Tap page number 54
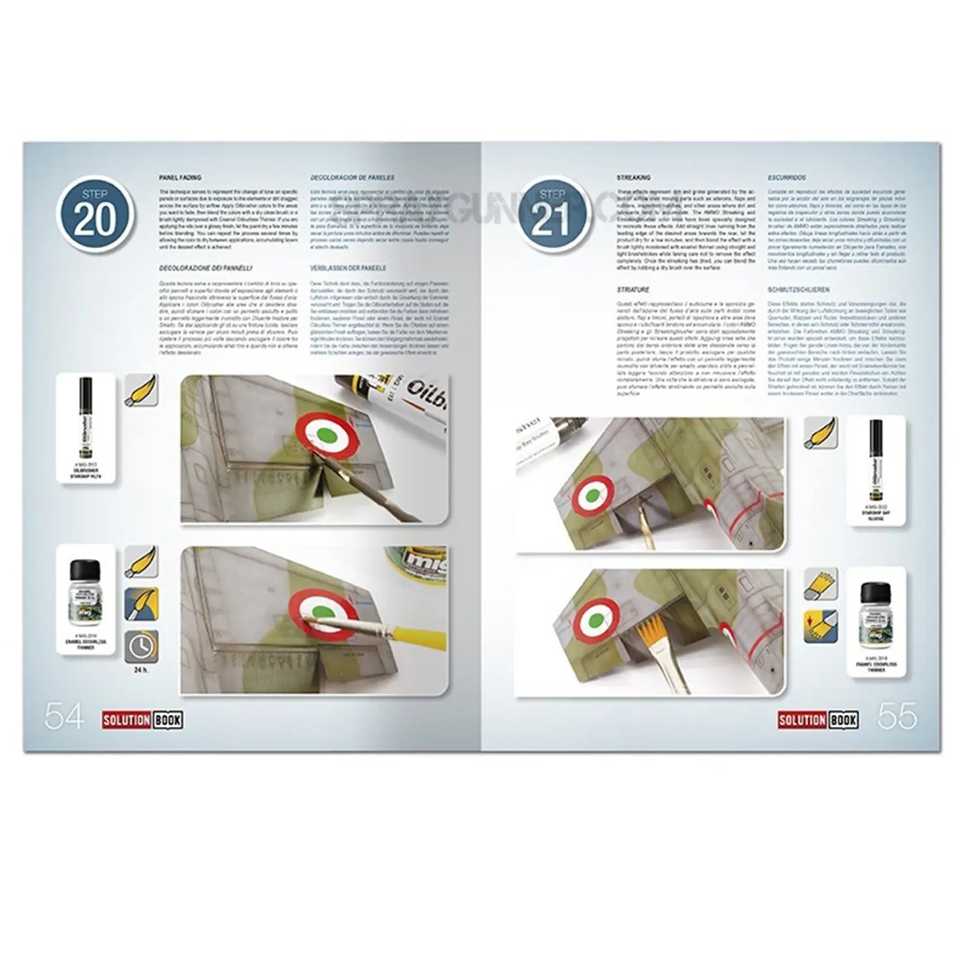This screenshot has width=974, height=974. (x=64, y=716)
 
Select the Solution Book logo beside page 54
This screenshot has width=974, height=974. (x=142, y=719)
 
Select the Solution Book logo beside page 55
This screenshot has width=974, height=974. (x=818, y=719)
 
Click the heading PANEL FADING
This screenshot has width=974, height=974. (x=180, y=177)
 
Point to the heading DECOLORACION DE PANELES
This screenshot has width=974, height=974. (x=352, y=177)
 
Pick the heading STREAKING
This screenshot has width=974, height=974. (x=633, y=177)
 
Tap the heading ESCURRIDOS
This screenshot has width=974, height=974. (x=786, y=177)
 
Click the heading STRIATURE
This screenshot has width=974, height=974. (x=632, y=290)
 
